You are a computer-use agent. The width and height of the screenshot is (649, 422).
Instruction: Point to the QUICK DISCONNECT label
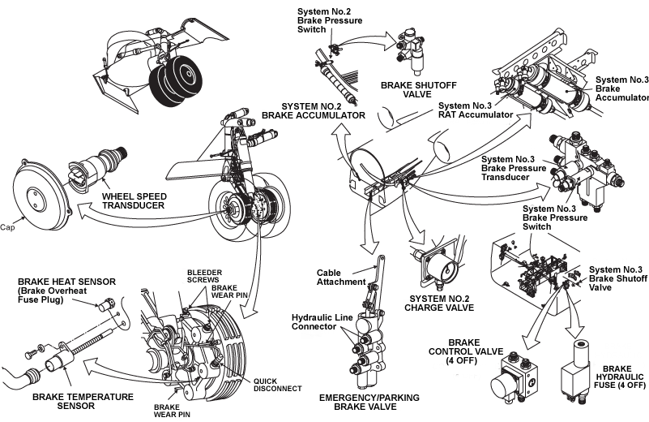coord(277,385)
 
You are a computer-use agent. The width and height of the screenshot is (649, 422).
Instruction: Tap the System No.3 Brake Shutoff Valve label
coord(618,277)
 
